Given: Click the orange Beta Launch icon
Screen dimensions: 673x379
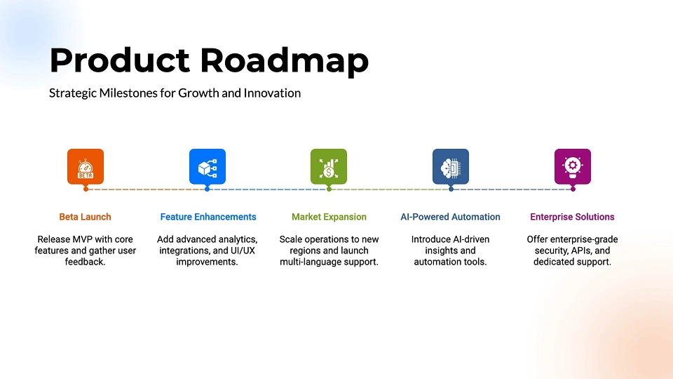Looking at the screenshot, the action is pos(86,167).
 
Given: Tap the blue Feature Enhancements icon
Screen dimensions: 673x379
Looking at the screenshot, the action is pos(208,167).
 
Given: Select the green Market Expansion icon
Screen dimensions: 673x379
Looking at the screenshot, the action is pos(329,167).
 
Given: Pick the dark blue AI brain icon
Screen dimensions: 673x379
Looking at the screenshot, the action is pos(451,167).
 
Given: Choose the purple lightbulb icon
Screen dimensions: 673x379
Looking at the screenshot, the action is pos(573,167).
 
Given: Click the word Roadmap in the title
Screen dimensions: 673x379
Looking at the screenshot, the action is pos(284,60).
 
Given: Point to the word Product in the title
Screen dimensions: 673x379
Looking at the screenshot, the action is pos(120,60).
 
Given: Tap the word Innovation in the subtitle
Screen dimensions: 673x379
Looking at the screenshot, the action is pos(272,93).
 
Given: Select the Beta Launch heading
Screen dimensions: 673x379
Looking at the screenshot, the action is pos(85,217).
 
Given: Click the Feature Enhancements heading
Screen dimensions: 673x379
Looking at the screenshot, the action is pos(208,217).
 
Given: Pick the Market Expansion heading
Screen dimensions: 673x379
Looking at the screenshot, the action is pos(329,217).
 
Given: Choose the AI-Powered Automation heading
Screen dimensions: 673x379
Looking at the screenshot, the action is pos(450,217).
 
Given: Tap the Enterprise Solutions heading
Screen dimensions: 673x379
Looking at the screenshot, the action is pos(572,217).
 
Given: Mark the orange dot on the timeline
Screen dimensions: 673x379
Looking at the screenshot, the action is pos(86,189).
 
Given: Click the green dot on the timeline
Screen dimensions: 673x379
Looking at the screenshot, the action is pos(329,189).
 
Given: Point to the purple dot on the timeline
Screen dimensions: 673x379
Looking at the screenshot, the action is pos(573,189).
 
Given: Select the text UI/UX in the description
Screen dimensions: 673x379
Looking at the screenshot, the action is pos(244,251).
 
